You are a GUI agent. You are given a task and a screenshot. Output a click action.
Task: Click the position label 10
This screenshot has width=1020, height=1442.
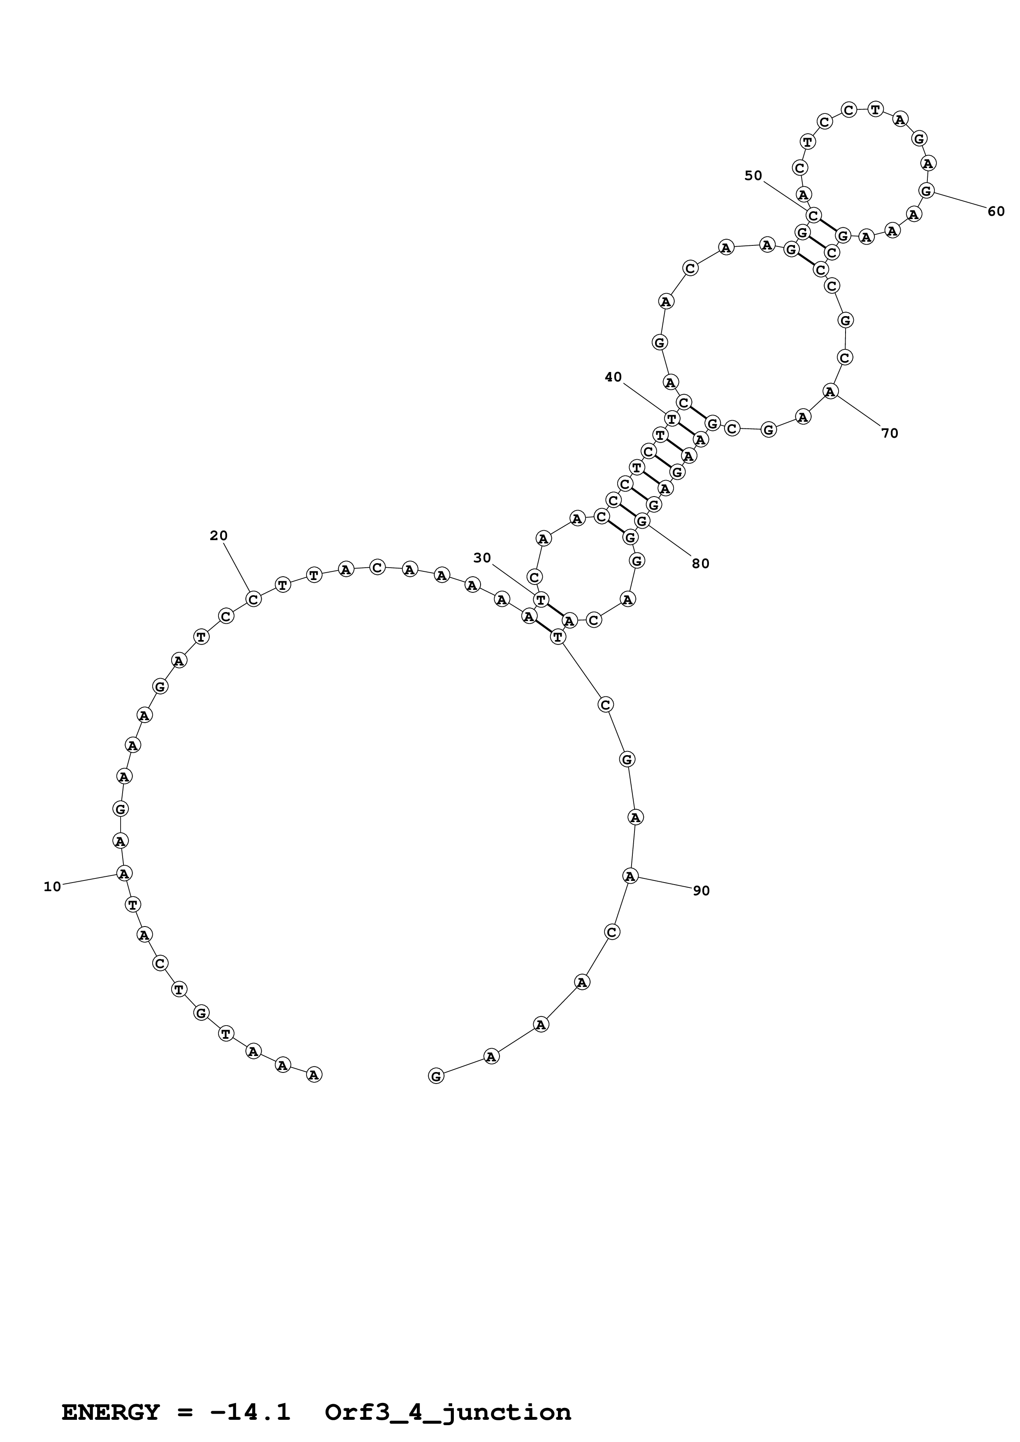[x=52, y=886]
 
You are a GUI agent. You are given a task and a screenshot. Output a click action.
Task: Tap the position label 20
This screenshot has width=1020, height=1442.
[x=219, y=536]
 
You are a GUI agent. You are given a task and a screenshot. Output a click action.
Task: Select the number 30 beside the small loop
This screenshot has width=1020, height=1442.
[x=482, y=558]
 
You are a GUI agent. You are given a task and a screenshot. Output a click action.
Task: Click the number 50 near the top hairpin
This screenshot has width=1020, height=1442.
[x=753, y=176]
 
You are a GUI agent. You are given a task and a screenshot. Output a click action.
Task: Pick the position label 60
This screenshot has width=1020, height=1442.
[x=996, y=212]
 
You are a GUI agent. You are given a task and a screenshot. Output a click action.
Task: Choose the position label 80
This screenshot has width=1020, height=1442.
[x=701, y=564]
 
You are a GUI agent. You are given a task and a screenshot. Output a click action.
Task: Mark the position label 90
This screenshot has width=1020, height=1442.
[x=702, y=891]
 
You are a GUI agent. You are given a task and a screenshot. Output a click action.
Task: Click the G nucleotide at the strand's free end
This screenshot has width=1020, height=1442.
[x=436, y=1076]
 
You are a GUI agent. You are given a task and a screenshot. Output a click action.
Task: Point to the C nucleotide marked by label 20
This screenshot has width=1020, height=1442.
[x=253, y=599]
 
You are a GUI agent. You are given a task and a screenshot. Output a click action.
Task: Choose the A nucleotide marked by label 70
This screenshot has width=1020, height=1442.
[x=830, y=391]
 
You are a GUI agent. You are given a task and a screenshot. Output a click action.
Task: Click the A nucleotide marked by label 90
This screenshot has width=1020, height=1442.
[x=630, y=876]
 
